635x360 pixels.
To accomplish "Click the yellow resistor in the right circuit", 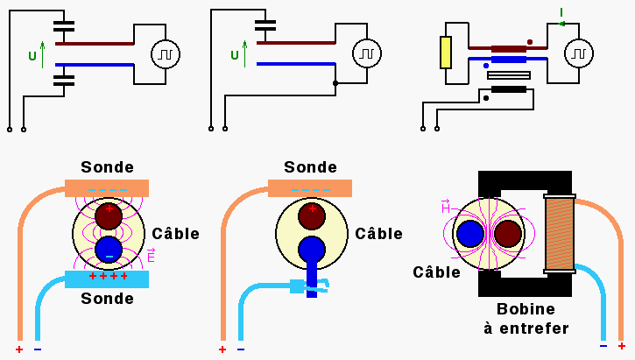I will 446,53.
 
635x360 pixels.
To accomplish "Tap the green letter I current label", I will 561,11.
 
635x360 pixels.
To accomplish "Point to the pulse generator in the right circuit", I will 576,54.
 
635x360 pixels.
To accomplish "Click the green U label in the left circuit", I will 32,56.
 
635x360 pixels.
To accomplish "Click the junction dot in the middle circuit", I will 335,83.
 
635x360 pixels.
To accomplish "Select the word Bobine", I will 526,309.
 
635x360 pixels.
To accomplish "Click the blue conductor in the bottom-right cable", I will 470,234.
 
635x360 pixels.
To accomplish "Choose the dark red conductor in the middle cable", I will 312,215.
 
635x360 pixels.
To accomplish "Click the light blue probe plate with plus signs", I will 107,279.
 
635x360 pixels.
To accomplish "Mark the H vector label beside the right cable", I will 446,206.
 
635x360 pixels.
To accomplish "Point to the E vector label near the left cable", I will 151,255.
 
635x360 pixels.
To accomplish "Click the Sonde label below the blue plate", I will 107,299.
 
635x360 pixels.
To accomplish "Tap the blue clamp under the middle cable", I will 308,284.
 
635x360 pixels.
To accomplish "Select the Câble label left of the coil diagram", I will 437,272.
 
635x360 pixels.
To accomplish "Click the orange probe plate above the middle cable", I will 309,188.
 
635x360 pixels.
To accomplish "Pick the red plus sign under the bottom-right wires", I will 622,346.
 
